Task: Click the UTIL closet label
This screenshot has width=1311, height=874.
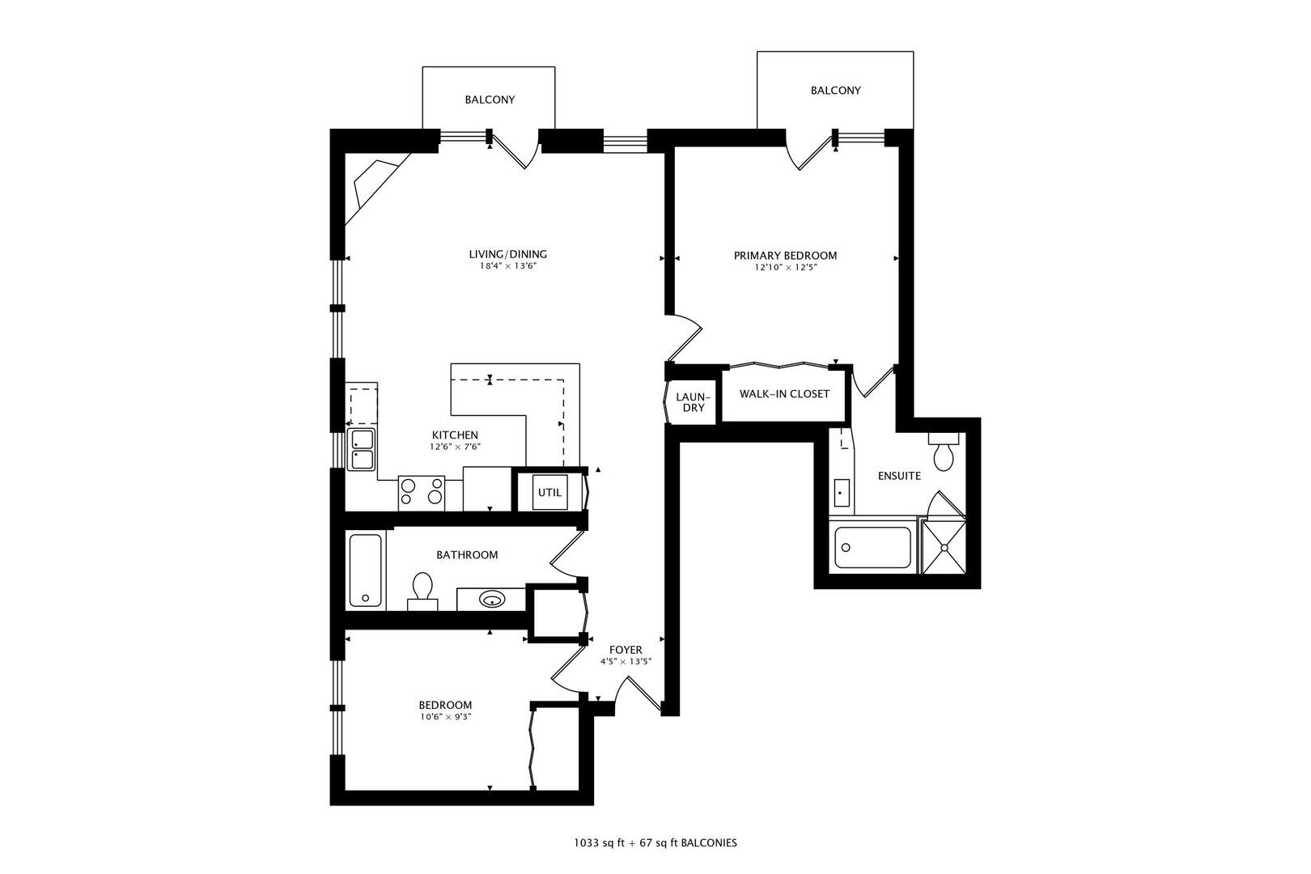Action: point(549,493)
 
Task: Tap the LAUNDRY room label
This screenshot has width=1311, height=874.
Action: point(693,402)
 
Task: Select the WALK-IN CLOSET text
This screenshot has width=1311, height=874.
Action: point(784,394)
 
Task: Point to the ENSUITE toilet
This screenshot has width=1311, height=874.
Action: point(944,452)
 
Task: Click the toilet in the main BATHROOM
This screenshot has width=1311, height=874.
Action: point(422,592)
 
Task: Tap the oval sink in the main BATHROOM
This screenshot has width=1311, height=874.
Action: point(492,600)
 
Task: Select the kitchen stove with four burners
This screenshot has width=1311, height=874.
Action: point(422,492)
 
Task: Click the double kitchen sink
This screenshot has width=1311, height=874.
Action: point(362,449)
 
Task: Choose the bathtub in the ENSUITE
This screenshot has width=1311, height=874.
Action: point(872,547)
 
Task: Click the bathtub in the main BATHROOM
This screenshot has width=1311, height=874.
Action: point(366,571)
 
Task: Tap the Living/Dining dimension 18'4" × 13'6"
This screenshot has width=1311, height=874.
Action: point(508,266)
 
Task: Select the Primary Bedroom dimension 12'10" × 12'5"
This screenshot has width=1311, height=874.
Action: point(786,268)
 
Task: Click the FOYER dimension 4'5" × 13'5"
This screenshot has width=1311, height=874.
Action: point(626,662)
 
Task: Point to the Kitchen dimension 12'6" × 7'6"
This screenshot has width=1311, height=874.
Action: point(456,447)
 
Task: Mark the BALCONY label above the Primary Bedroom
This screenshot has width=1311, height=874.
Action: point(836,91)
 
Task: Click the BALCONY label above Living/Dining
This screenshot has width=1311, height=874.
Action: point(490,100)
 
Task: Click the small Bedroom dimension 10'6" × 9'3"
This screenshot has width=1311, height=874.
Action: point(445,717)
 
